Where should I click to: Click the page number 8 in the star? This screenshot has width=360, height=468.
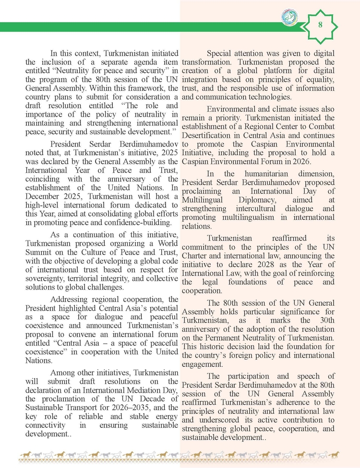320,25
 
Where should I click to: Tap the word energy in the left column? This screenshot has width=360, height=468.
164,417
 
